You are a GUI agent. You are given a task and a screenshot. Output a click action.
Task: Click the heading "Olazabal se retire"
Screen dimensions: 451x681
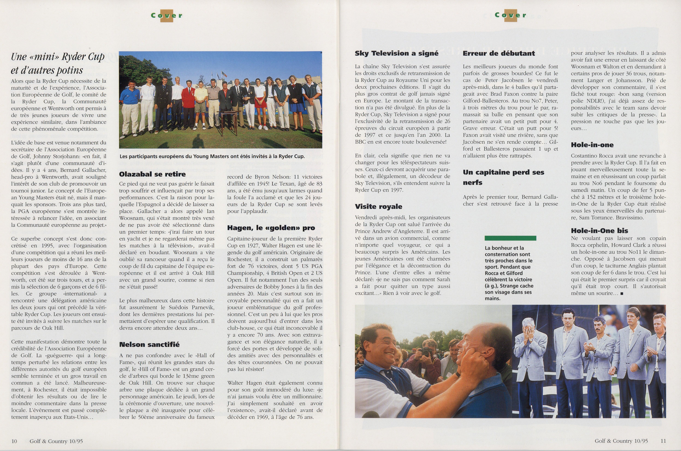pos(152,174)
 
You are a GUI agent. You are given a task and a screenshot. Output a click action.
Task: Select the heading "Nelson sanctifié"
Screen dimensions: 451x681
pos(149,344)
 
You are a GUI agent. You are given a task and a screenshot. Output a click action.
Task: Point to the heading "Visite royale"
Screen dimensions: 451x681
pos(378,206)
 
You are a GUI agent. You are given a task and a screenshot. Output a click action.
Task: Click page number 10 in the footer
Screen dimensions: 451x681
pos(14,441)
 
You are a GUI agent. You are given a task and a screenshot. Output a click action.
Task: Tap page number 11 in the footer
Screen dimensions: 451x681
pos(663,441)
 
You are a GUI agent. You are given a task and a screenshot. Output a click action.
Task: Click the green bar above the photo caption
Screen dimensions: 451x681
pos(510,238)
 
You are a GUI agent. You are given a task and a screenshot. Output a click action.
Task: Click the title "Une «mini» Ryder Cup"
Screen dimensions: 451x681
pos(57,57)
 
